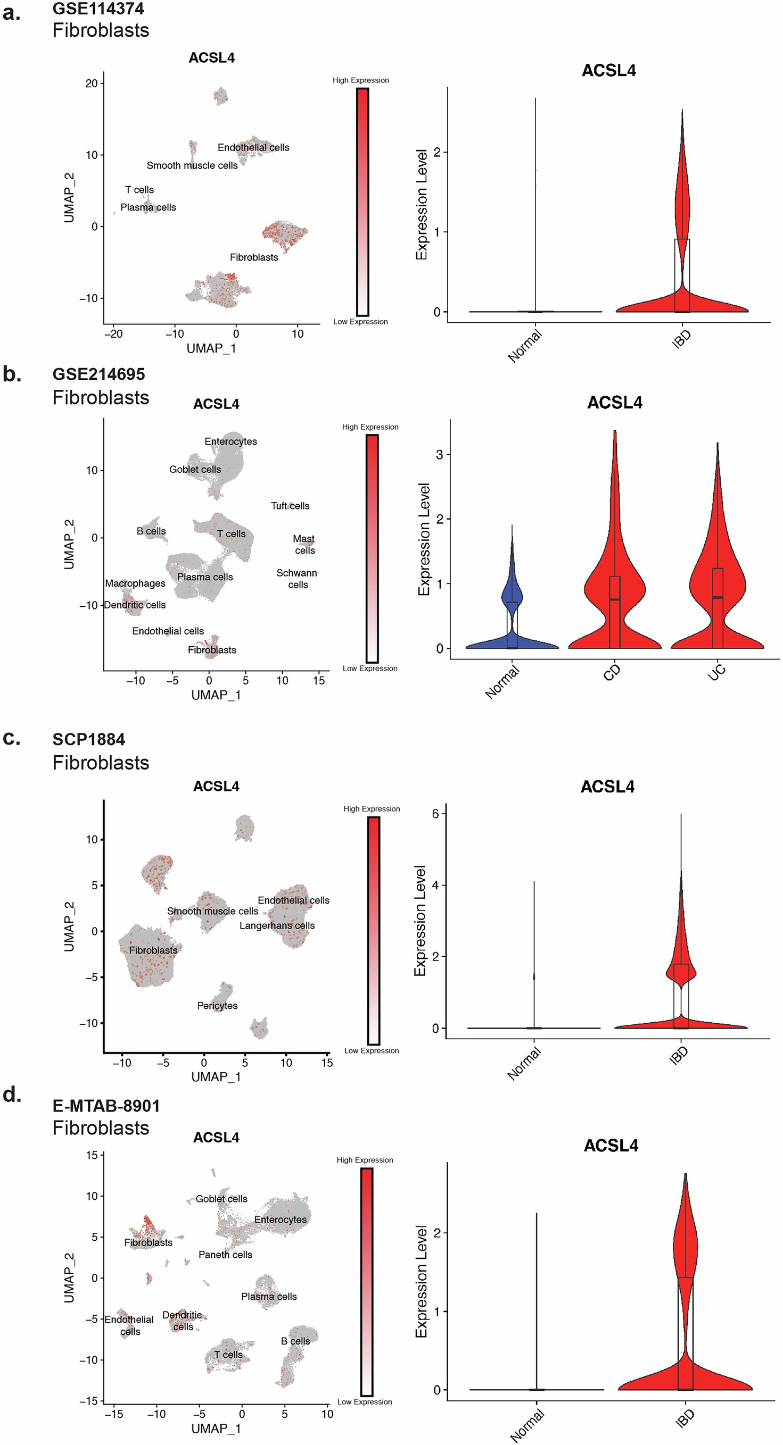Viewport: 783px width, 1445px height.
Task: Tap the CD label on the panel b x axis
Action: (611, 672)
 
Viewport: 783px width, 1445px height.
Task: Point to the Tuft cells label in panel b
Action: (290, 506)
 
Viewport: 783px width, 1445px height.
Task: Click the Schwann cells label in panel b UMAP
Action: (297, 579)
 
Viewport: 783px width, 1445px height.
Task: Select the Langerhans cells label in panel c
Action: (277, 925)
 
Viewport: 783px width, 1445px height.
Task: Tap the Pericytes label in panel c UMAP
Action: (217, 1006)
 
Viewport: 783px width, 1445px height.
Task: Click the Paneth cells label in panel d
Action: (225, 1255)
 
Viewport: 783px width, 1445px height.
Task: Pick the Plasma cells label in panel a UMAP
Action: (148, 207)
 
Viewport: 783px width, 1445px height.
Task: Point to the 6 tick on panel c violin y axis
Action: (435, 813)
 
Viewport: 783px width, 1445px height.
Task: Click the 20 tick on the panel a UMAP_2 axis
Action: (91, 83)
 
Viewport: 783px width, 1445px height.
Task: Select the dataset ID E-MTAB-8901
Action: (106, 1106)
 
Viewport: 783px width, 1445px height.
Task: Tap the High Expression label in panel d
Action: (365, 1160)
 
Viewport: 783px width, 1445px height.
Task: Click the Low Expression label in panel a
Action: (360, 322)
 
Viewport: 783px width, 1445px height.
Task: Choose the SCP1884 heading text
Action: (89, 739)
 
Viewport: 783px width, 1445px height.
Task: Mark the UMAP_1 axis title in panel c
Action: (216, 1077)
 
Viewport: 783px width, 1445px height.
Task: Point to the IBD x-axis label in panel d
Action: (684, 1418)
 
